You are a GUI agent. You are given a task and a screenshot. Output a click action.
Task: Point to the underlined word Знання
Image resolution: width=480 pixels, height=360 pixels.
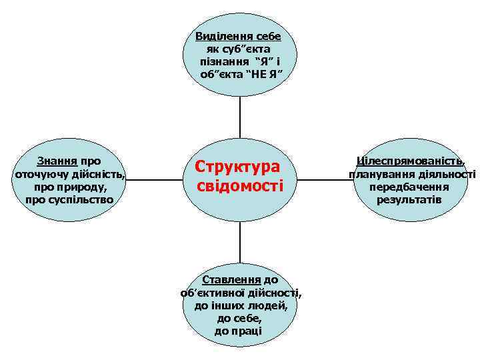click(57, 161)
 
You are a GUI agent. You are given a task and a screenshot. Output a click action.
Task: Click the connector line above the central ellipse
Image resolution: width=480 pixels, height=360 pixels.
click(240, 117)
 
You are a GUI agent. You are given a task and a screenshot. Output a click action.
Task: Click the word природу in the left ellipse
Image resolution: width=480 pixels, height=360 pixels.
click(70, 187)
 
